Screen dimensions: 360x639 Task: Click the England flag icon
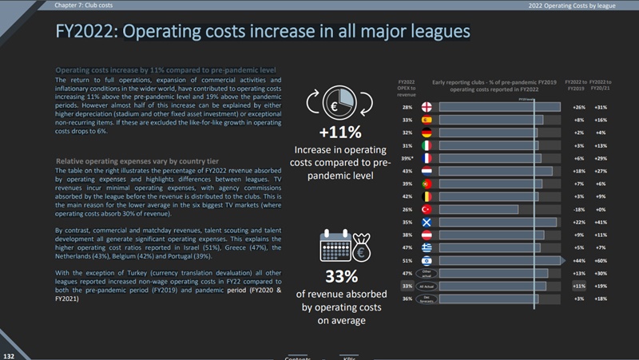point(429,107)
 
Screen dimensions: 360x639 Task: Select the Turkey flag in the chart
point(429,209)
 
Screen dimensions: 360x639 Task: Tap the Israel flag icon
point(429,260)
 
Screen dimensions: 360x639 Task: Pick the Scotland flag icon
point(429,222)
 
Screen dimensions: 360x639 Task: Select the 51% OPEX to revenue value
point(407,260)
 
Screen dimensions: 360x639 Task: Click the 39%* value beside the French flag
point(407,158)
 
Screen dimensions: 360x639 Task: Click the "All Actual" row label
point(429,286)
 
